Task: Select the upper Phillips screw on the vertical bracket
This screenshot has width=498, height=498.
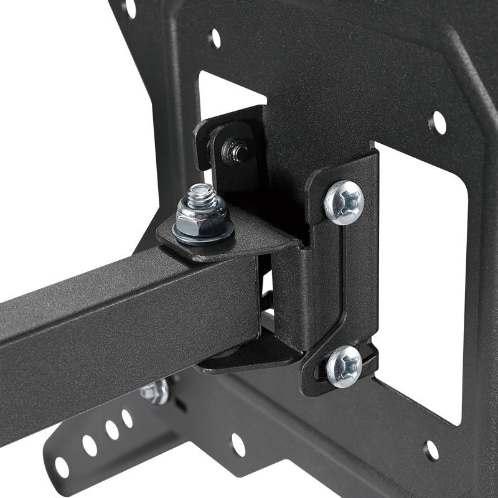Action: pyautogui.click(x=344, y=202)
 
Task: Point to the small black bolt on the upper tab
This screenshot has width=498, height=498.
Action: pyautogui.click(x=236, y=151)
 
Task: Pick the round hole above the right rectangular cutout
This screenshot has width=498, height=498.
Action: pyautogui.click(x=438, y=122)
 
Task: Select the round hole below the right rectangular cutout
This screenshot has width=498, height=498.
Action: pyautogui.click(x=431, y=450)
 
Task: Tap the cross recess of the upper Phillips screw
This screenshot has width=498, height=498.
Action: pyautogui.click(x=344, y=200)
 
